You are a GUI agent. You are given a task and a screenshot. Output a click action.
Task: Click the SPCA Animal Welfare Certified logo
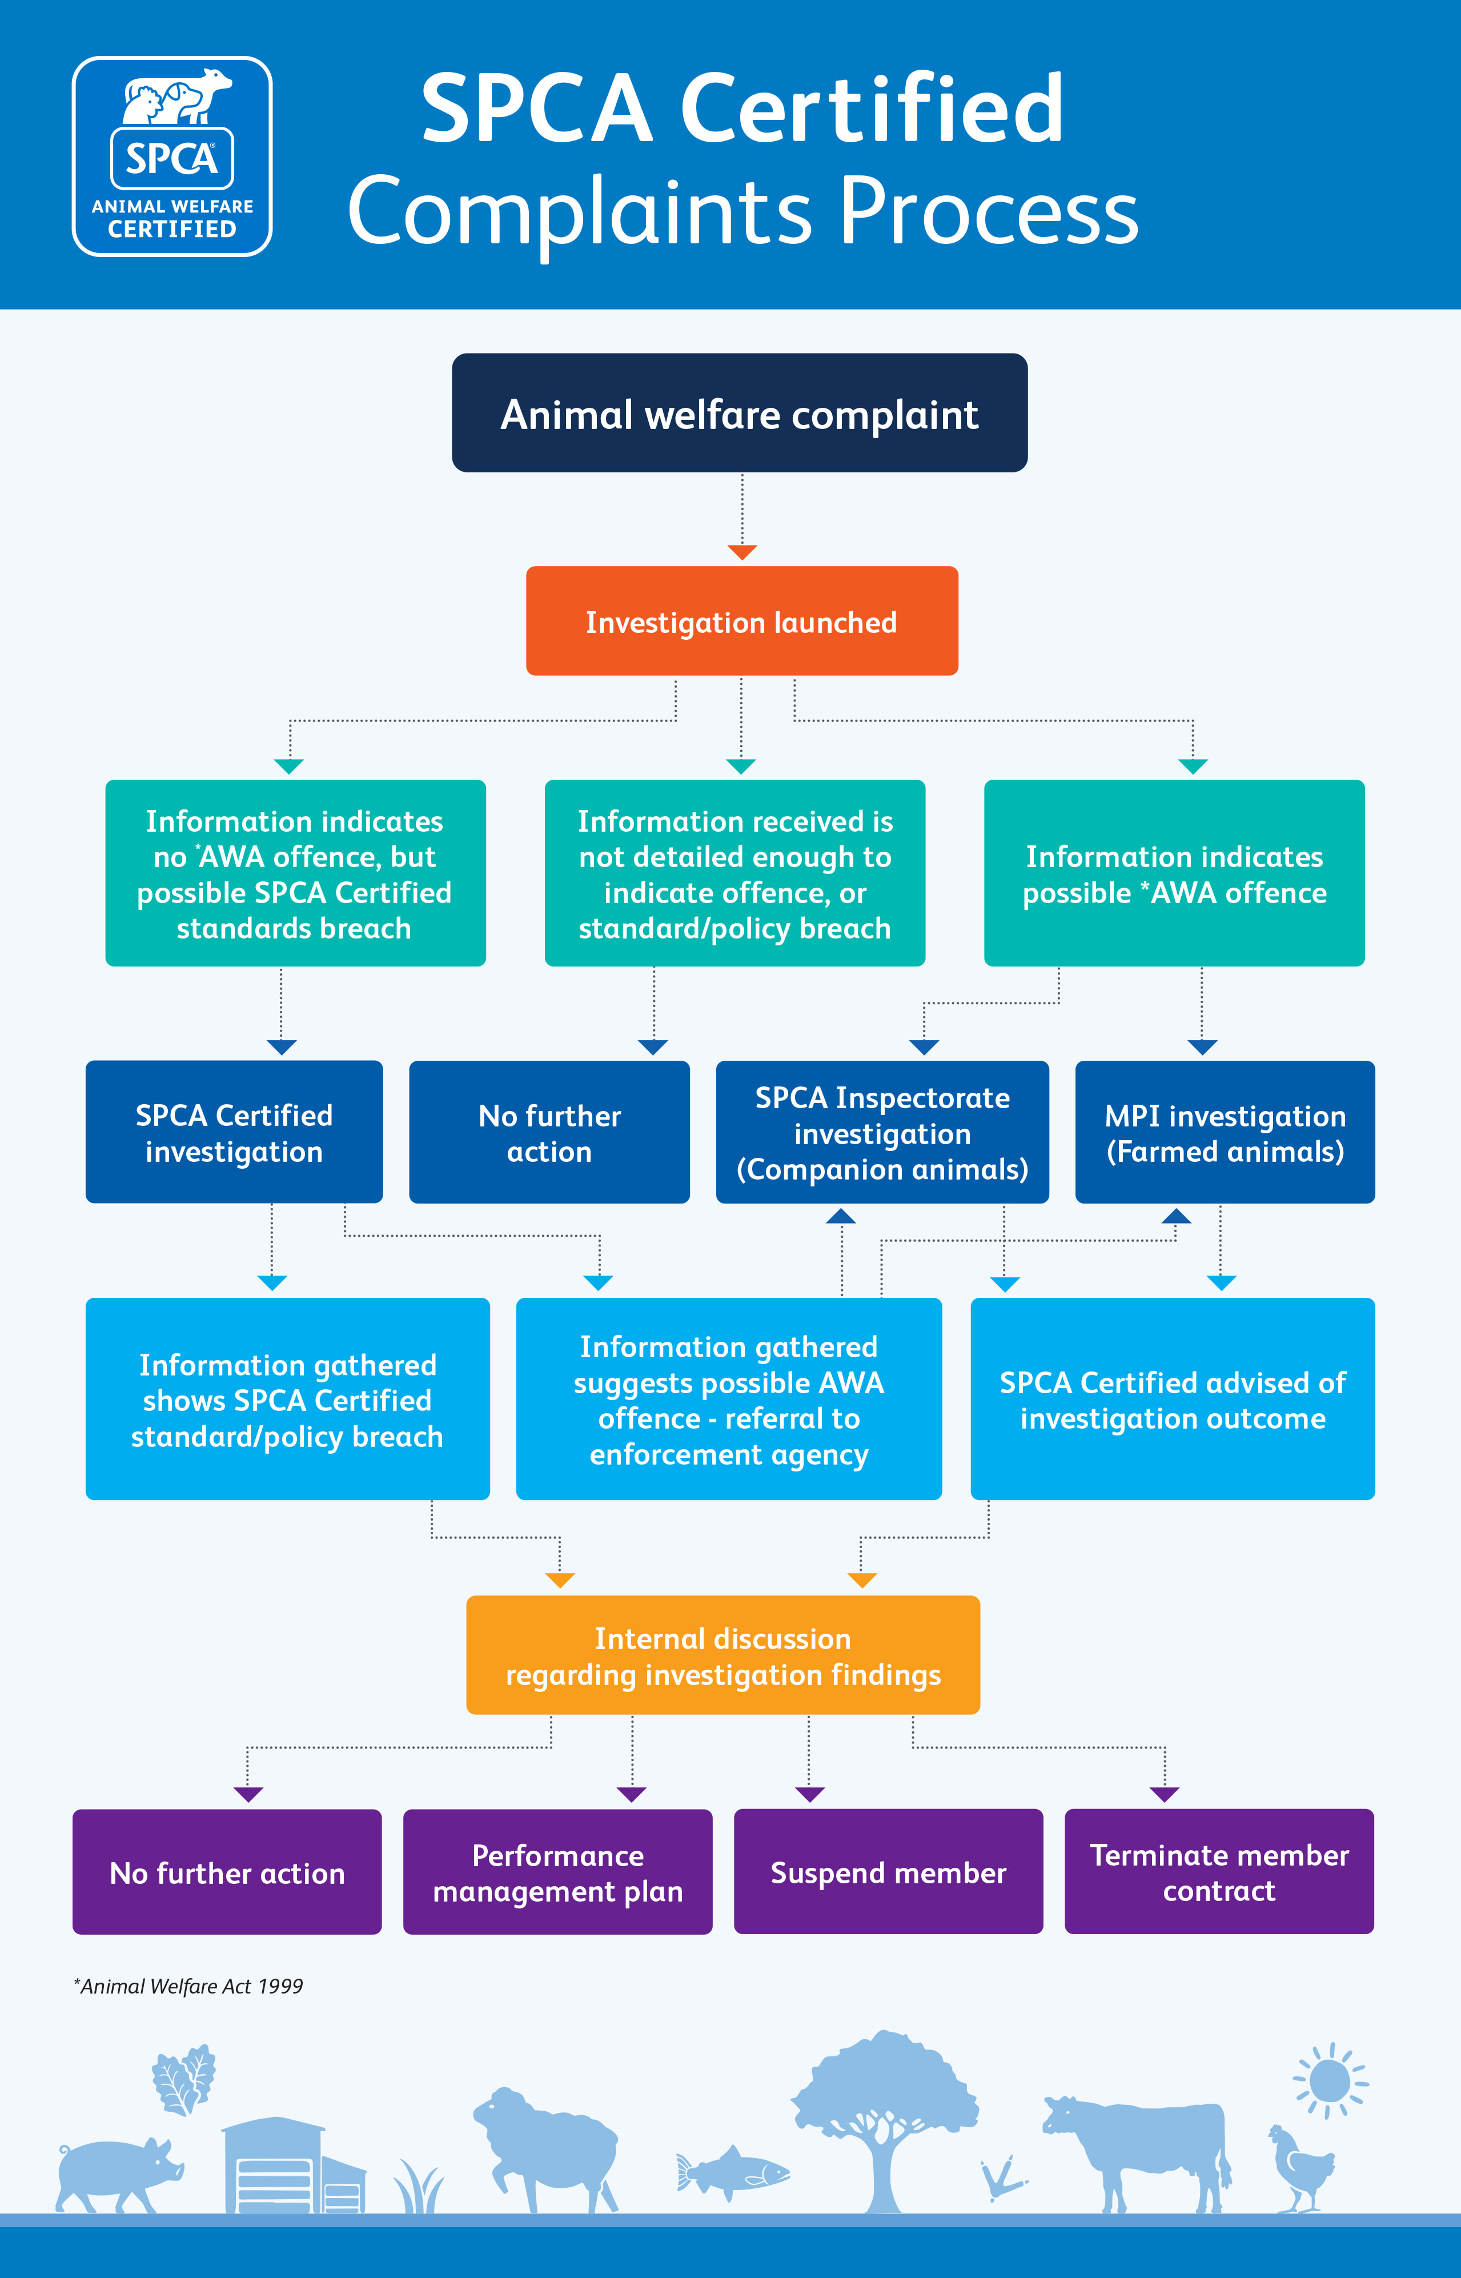pyautogui.click(x=172, y=157)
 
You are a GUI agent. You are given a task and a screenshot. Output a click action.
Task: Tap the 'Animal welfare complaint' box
pyautogui.click(x=739, y=414)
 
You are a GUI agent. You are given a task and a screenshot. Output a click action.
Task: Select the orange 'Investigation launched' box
pyautogui.click(x=741, y=621)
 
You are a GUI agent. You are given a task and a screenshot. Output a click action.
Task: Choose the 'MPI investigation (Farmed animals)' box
pyautogui.click(x=1224, y=1133)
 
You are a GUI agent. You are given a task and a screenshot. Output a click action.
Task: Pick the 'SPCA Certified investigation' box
pyautogui.click(x=234, y=1133)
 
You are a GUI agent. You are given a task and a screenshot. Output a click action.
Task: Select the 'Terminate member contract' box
pyautogui.click(x=1218, y=1872)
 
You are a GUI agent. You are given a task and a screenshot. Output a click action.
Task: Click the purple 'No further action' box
pyautogui.click(x=227, y=1872)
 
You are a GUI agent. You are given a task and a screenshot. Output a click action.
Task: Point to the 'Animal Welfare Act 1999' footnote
pyautogui.click(x=190, y=1986)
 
